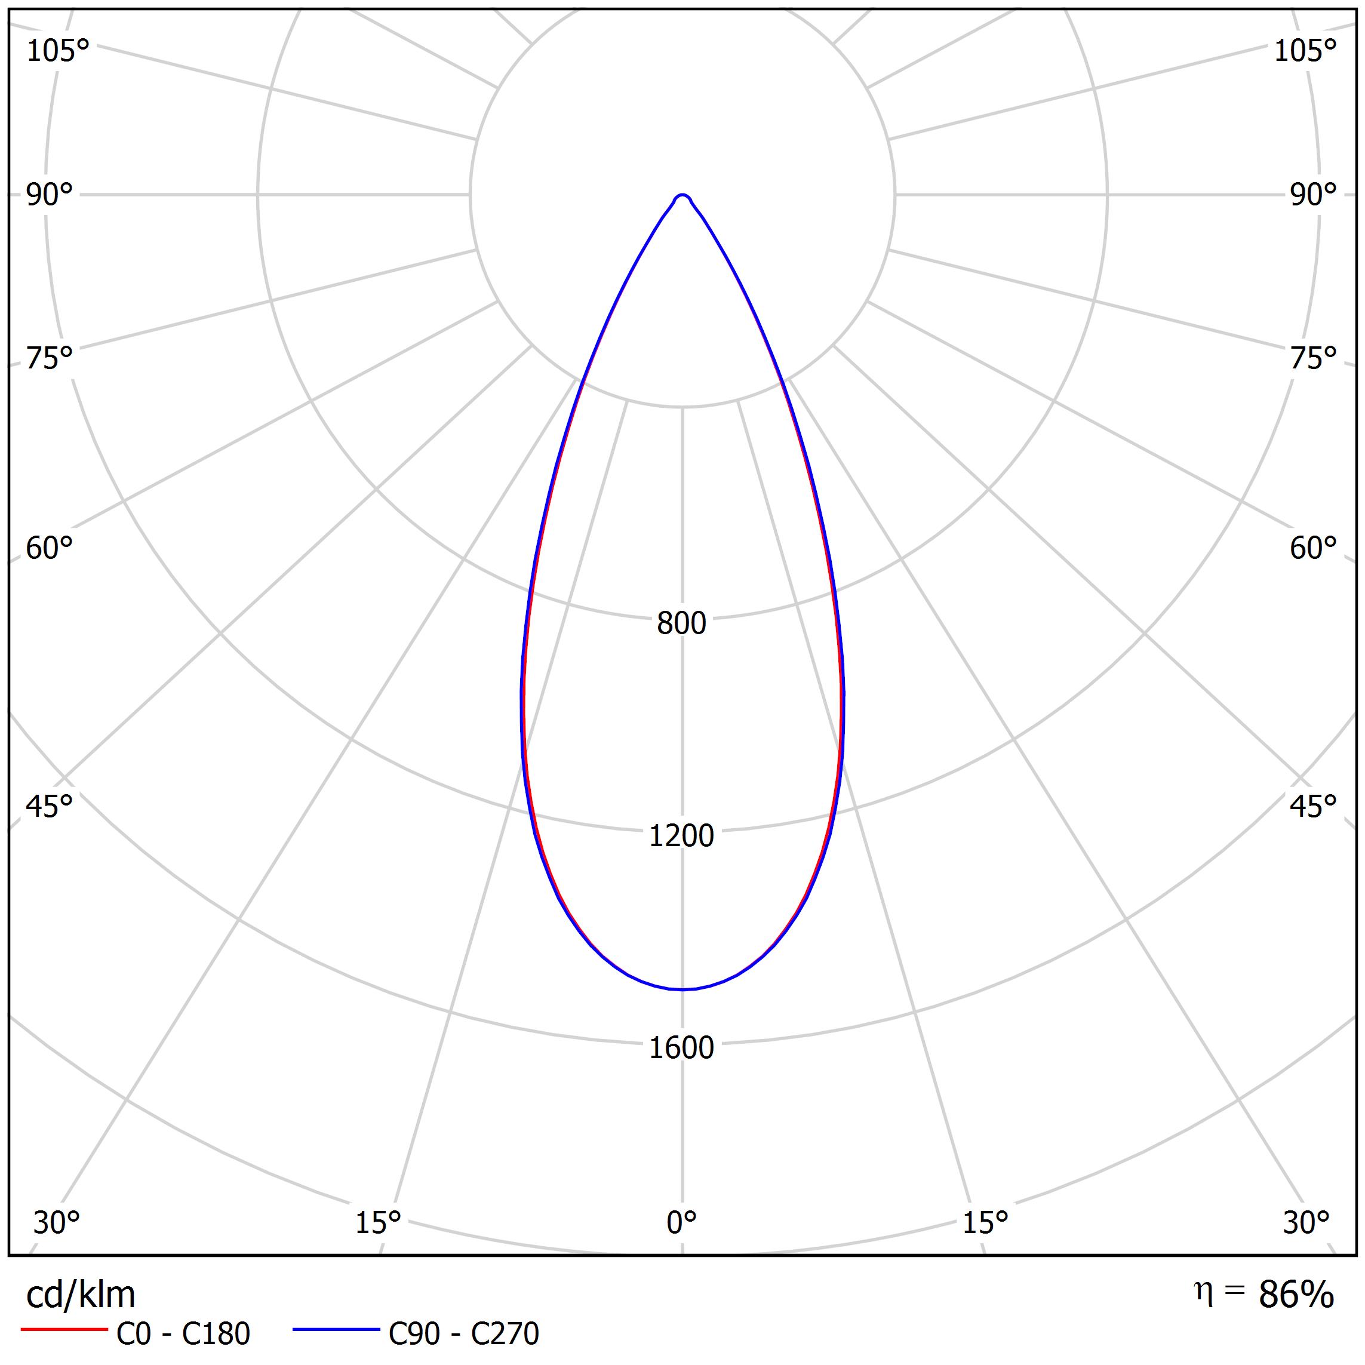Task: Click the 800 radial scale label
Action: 681,623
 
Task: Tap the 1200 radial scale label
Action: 681,836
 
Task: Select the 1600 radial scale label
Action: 681,1048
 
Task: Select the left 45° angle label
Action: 50,806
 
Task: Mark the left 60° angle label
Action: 50,548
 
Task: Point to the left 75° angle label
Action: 50,358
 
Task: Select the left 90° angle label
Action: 50,194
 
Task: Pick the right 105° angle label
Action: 1305,51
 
